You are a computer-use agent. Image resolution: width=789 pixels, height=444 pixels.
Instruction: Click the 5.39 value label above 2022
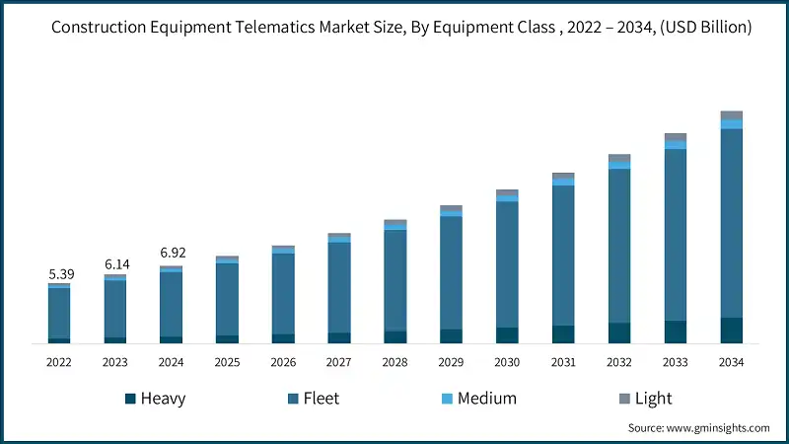(x=59, y=273)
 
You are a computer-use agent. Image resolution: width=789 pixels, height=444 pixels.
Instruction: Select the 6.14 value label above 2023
(x=115, y=264)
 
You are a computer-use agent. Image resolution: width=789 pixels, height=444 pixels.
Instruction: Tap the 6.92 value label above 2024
(x=172, y=254)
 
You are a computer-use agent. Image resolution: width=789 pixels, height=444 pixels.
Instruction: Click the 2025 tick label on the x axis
(x=227, y=362)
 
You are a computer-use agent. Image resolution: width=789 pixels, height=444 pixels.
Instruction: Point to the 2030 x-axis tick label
(x=507, y=362)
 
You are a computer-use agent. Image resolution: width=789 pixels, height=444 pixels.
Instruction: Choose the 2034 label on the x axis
(x=731, y=362)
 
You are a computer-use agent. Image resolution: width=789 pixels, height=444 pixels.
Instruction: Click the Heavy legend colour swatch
(x=130, y=399)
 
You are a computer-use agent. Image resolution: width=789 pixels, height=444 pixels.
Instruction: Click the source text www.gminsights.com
(x=718, y=427)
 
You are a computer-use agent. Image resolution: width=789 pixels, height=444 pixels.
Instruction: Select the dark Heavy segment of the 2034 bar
(x=731, y=330)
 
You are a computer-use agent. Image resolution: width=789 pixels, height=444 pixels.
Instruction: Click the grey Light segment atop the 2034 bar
(x=731, y=115)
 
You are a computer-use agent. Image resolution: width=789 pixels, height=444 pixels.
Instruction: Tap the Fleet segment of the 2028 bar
(x=394, y=280)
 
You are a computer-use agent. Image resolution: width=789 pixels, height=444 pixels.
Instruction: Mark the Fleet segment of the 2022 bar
(x=59, y=312)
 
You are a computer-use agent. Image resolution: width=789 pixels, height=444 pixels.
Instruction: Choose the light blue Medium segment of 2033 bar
(x=675, y=145)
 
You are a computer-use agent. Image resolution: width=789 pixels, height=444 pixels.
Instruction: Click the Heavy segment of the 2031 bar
(x=563, y=333)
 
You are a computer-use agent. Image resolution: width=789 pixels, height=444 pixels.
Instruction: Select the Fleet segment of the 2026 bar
(x=283, y=293)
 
